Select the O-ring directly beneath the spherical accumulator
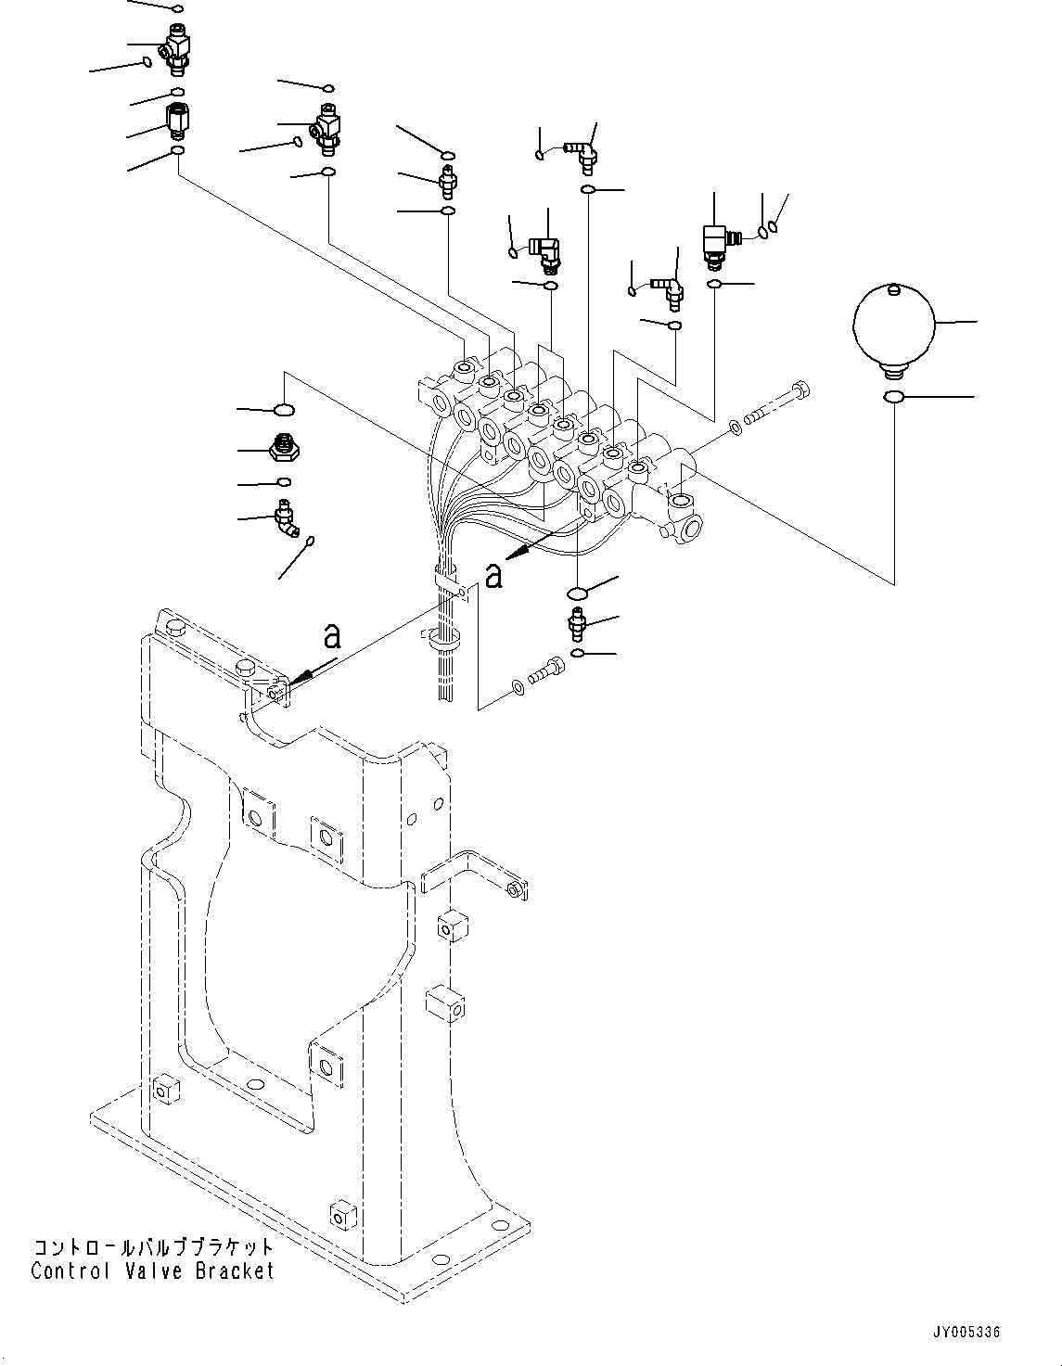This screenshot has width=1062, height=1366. [893, 398]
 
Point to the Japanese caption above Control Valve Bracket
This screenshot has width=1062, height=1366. [153, 1247]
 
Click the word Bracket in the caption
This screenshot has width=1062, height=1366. [235, 1270]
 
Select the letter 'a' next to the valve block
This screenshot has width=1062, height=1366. [494, 575]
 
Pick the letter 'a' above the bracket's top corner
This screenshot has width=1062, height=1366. [331, 636]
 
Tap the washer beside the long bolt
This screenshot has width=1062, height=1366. [735, 428]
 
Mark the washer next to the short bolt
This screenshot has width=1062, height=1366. [516, 687]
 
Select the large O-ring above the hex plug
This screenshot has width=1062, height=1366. [285, 409]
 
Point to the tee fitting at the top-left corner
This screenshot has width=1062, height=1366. [173, 45]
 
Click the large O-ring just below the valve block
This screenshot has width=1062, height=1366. [576, 593]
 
